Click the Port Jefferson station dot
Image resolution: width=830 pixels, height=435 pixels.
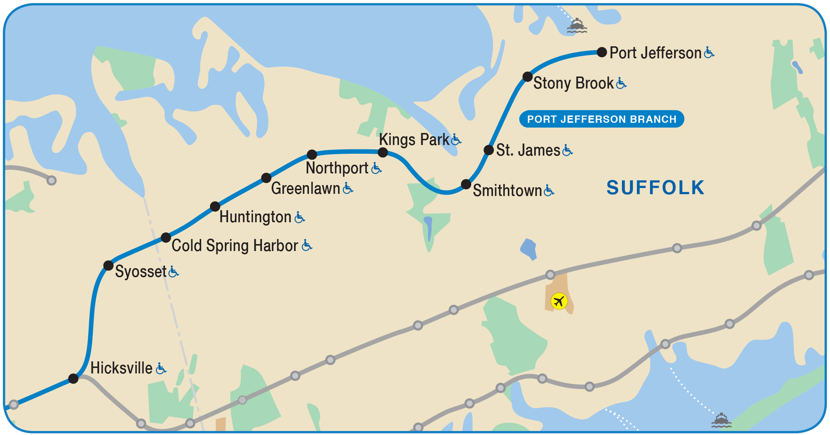pos(602,52)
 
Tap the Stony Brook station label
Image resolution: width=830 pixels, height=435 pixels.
pos(573,83)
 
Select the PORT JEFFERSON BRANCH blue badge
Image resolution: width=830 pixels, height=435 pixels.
pos(602,119)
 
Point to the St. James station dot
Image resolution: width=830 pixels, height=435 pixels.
pos(489,150)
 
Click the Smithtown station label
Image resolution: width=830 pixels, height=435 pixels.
pos(507,191)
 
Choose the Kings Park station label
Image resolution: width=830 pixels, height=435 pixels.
pos(414,140)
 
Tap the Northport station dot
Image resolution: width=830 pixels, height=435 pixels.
pos(312,154)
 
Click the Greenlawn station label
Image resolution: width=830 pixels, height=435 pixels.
pos(305,188)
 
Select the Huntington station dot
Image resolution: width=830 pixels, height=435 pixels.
pos(215,207)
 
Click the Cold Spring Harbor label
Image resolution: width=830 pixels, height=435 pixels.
pos(235,246)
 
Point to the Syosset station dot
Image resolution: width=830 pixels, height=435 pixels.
pos(108,265)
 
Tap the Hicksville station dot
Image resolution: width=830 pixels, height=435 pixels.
pos(73,379)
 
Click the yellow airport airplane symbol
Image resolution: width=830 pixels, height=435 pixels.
pos(559,301)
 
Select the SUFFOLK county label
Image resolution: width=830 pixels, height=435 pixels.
pos(655,188)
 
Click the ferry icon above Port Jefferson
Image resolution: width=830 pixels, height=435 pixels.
pos(577,26)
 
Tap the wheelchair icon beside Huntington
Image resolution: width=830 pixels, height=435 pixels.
pos(299,217)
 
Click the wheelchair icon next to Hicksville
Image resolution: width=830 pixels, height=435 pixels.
pos(161,368)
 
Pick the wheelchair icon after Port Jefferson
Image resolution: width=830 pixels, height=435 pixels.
pos(709,52)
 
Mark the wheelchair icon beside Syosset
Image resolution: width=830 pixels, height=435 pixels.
pos(174,271)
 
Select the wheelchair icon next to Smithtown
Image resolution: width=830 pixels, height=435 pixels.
pos(549,190)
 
